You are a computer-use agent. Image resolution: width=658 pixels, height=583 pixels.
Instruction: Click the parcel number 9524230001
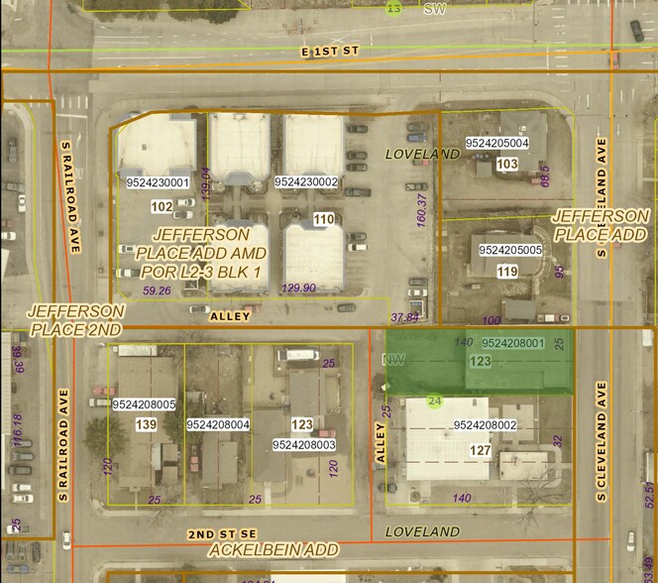[159, 183]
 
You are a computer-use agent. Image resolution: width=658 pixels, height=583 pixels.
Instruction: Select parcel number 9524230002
[306, 182]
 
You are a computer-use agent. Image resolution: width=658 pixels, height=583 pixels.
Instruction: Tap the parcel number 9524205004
[496, 144]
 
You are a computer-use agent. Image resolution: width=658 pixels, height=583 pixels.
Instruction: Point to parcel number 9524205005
[510, 250]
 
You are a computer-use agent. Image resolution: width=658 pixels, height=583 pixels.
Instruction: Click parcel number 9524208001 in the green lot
[512, 343]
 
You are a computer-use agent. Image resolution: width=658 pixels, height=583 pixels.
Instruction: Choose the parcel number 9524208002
[486, 424]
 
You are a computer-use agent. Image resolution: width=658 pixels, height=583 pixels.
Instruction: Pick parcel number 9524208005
[145, 405]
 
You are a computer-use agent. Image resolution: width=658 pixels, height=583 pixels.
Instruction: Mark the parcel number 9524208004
[218, 425]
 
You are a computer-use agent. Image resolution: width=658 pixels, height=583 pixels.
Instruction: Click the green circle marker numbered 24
[434, 401]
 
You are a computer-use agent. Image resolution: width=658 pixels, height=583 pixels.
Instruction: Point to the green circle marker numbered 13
[394, 9]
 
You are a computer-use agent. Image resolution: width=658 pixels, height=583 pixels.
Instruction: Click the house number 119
[507, 272]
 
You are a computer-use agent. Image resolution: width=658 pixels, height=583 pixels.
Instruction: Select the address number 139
[145, 424]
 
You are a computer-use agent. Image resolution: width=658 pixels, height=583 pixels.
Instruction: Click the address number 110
[323, 219]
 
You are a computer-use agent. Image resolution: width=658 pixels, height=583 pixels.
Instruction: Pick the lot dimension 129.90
[298, 288]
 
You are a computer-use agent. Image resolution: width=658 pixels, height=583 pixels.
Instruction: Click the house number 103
[507, 164]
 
